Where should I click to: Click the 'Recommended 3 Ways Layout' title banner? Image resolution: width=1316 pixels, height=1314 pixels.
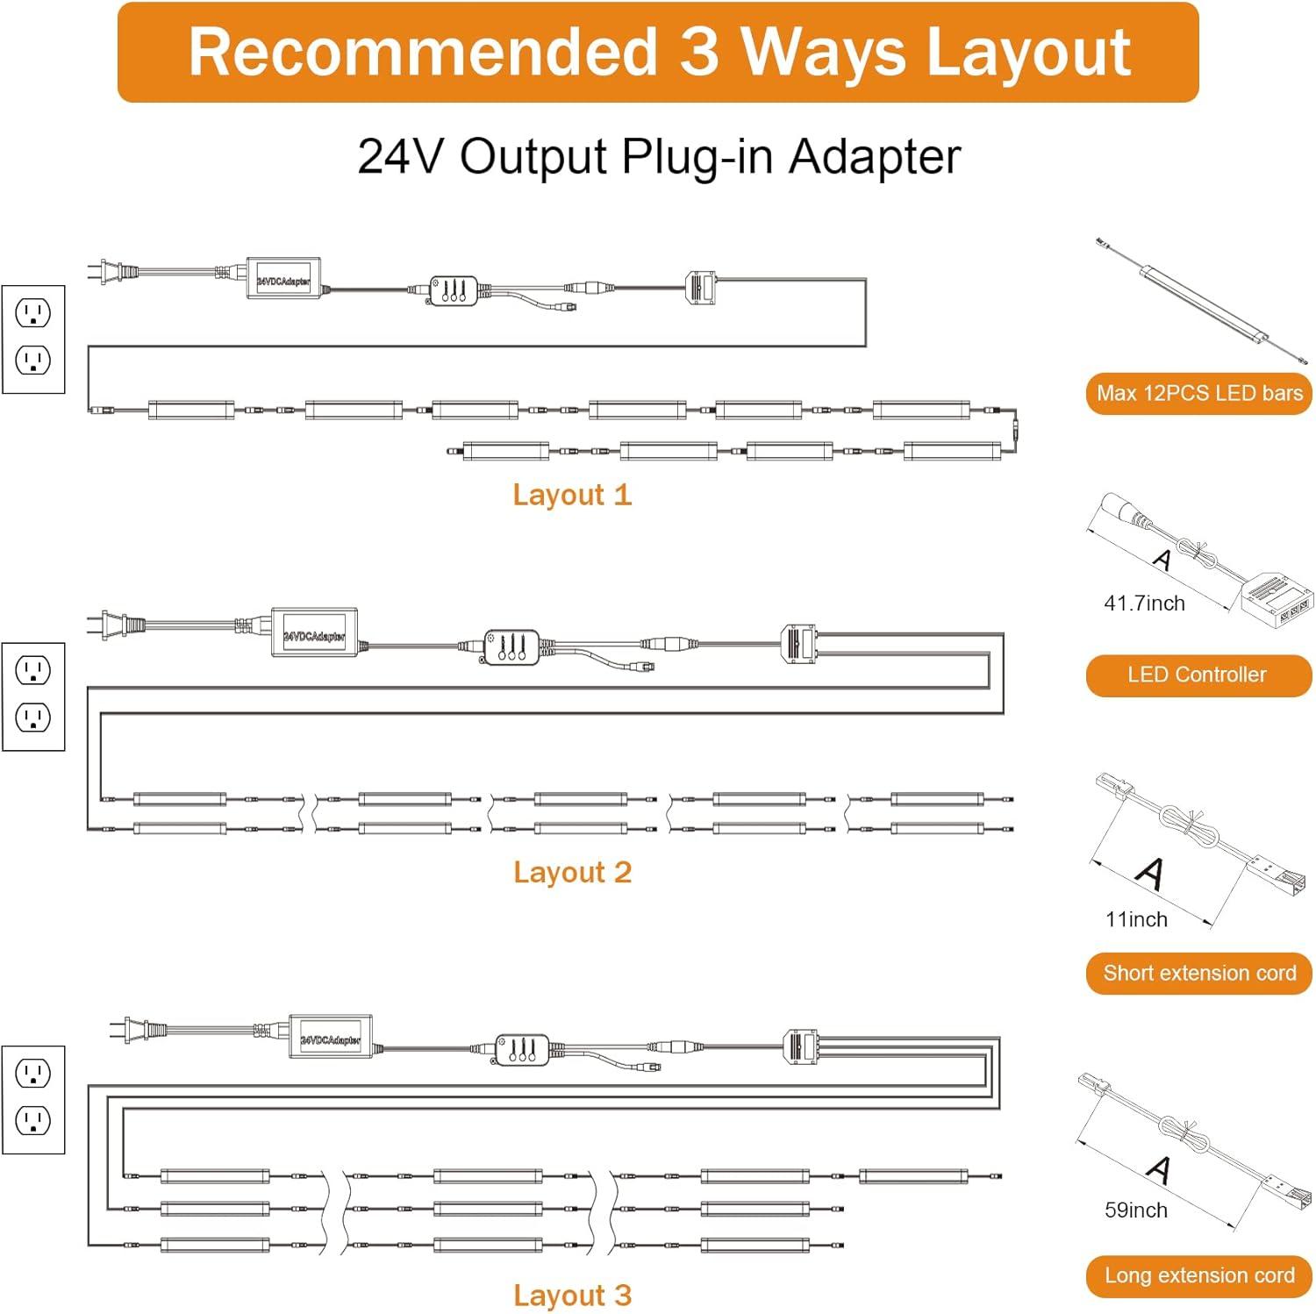click(x=658, y=53)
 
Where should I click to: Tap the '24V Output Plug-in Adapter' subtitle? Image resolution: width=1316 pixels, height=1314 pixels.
click(x=658, y=157)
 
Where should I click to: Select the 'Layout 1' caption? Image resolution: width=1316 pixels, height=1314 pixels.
click(x=572, y=495)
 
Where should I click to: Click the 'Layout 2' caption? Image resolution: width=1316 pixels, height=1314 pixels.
click(x=572, y=873)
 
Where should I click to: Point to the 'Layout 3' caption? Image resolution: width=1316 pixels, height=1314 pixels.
click(x=572, y=1296)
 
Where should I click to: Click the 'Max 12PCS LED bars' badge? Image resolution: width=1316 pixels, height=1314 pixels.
click(x=1198, y=394)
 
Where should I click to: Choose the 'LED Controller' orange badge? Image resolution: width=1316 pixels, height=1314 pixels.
click(x=1198, y=675)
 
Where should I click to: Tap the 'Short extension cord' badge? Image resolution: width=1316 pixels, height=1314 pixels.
click(x=1198, y=974)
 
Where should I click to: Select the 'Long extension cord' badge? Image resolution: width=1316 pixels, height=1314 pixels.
click(x=1198, y=1276)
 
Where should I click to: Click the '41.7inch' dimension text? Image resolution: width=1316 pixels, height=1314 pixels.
click(x=1144, y=603)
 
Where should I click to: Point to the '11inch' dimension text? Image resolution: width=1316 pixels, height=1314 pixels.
click(x=1136, y=920)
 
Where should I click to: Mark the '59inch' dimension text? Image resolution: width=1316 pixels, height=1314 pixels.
click(x=1136, y=1210)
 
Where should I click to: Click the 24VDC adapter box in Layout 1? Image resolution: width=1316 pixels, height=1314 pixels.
click(x=283, y=279)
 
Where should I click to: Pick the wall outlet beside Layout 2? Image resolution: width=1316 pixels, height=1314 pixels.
click(x=33, y=696)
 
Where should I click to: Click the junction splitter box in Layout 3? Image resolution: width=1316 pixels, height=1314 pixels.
click(x=799, y=1045)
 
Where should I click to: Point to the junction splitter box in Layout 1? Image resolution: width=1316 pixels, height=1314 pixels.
click(x=700, y=287)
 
